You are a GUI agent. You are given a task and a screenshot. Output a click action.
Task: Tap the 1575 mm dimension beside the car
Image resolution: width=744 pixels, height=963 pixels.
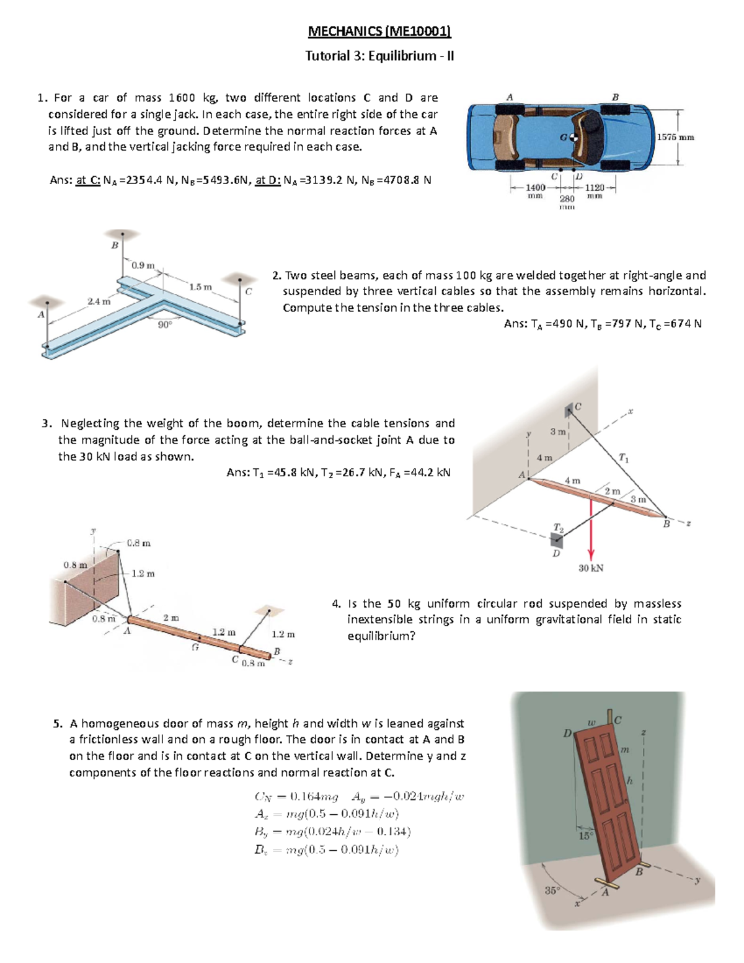coord(675,137)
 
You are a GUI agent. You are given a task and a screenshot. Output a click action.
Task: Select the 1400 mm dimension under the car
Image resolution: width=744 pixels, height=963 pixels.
coord(535,188)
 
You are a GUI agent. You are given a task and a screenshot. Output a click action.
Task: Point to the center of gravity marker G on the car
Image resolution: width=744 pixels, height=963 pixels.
coord(573,138)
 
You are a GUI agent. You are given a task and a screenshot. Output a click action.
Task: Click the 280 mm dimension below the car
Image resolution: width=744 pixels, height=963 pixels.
coord(567,199)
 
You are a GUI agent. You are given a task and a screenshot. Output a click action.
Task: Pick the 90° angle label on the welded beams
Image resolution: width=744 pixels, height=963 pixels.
coord(164,324)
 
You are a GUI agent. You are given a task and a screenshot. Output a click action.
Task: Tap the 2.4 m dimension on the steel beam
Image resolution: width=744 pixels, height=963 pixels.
coord(99,302)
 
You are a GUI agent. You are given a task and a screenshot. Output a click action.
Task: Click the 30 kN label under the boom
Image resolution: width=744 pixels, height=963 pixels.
coord(590,568)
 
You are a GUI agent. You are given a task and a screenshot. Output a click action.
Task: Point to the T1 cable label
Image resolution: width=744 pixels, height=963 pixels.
coord(623,458)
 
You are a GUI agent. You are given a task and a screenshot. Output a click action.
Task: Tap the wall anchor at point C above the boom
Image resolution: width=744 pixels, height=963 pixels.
coord(569,410)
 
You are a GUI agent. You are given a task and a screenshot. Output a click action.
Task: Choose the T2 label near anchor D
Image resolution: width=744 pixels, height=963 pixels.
coord(558,528)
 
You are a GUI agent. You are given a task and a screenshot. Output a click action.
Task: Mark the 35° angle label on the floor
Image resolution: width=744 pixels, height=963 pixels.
coord(552,890)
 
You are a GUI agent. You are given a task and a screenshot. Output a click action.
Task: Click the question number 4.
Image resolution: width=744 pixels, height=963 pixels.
coord(336,603)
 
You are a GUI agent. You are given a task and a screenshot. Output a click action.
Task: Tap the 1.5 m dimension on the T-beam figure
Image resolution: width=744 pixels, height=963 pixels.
coord(200,287)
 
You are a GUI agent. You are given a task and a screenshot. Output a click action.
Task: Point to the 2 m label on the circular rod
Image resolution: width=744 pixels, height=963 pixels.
coord(171,618)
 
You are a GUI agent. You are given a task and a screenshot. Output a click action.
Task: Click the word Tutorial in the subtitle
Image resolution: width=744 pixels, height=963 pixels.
coord(327,56)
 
